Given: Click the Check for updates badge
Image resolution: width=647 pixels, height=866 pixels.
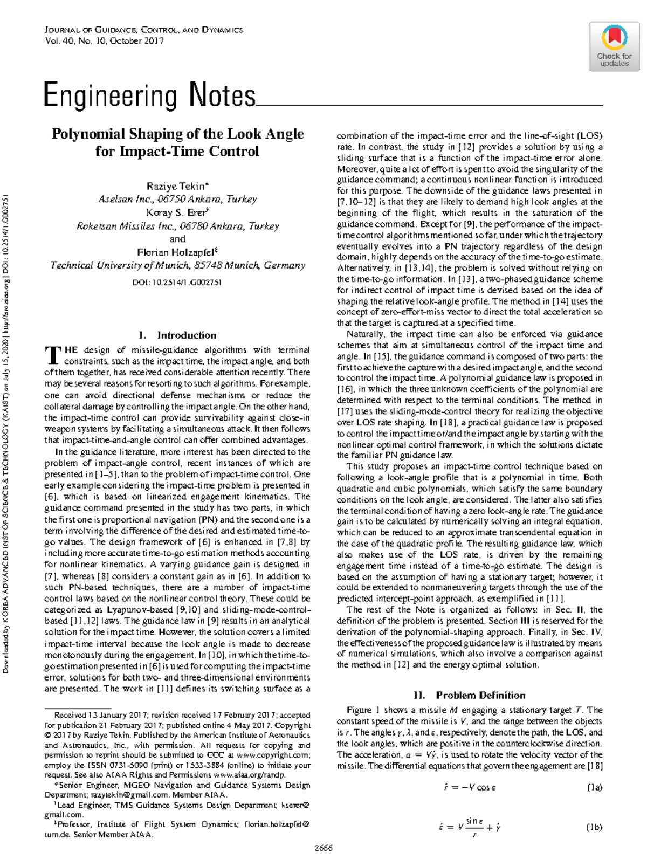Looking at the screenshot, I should click(614, 46).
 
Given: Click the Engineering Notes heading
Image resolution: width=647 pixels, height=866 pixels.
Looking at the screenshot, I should click(149, 95).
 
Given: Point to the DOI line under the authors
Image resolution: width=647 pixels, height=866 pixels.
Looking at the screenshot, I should click(177, 283).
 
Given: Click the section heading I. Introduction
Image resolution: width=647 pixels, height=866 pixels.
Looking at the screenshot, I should click(177, 335).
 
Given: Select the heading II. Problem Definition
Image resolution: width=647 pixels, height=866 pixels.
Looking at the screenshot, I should click(469, 695).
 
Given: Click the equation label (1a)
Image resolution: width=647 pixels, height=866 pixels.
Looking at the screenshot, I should click(594, 787).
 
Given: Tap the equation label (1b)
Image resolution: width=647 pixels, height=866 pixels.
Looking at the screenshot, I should click(594, 827).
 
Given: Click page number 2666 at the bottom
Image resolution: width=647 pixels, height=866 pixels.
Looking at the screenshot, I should click(323, 848).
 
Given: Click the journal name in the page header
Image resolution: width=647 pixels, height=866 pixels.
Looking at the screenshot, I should click(143, 30).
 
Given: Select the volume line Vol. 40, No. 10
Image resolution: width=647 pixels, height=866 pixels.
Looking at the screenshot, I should click(104, 40).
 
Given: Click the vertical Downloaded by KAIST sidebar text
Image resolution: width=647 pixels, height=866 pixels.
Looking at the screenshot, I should click(6, 431).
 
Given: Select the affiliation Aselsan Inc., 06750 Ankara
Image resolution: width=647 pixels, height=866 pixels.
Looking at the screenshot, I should click(177, 199).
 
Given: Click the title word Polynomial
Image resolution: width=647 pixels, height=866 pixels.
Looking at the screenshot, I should click(89, 134).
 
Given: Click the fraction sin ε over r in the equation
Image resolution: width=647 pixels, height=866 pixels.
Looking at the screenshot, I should click(474, 827).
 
